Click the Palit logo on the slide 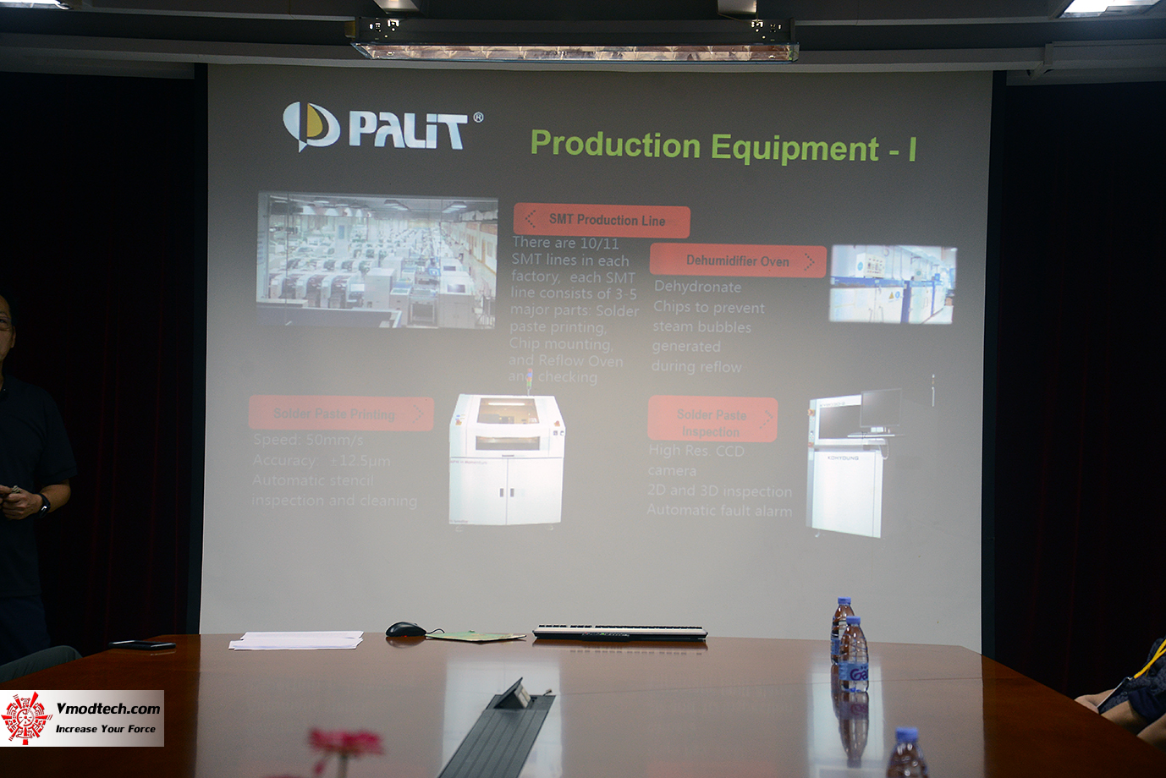click(382, 128)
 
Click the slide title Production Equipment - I click(723, 146)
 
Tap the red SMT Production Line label click(602, 221)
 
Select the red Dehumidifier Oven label click(737, 261)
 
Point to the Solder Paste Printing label click(340, 414)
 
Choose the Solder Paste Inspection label click(712, 421)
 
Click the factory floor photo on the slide click(377, 260)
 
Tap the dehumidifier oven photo click(894, 284)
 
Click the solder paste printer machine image click(506, 460)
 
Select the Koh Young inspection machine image click(850, 465)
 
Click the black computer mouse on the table click(405, 629)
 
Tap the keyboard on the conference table click(619, 632)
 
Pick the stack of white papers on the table click(296, 640)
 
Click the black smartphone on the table click(143, 644)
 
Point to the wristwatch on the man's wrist click(44, 503)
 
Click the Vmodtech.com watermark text click(107, 709)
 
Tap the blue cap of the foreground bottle click(906, 734)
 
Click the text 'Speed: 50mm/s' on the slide click(308, 440)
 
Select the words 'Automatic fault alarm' click(719, 511)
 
